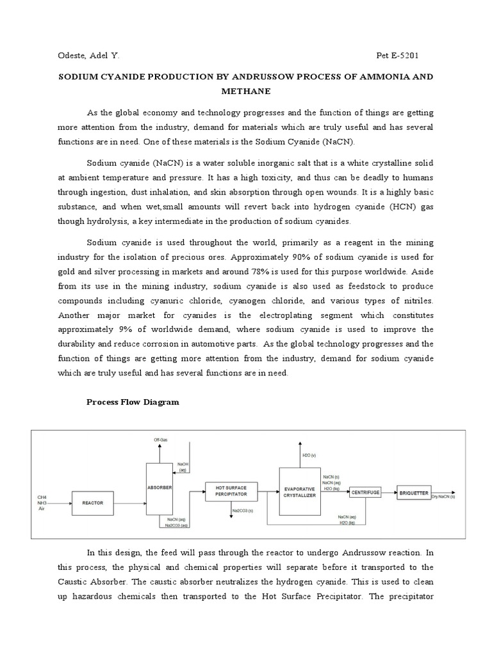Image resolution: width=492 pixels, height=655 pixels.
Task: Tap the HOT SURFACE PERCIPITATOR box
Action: [229, 491]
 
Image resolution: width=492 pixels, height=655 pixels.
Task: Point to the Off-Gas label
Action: [160, 440]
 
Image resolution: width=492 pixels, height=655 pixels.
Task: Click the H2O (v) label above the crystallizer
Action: [308, 455]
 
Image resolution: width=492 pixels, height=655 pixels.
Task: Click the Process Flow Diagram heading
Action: [133, 402]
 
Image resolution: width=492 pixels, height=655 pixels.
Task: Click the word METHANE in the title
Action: [245, 91]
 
